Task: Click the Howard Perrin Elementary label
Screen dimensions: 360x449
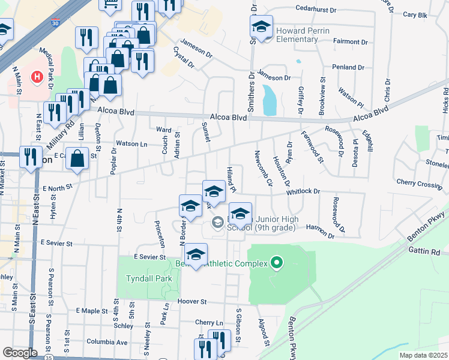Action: point(297,35)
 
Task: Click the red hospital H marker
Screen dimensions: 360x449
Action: point(37,77)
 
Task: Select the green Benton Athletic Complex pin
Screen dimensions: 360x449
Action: point(277,262)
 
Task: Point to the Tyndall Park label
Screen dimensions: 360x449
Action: point(149,278)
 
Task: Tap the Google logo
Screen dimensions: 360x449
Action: point(20,353)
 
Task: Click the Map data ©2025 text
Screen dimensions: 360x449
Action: point(423,355)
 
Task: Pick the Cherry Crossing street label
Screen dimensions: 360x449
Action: point(418,183)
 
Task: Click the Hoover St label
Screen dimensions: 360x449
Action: point(191,302)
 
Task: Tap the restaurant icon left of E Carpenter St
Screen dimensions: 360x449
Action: point(29,157)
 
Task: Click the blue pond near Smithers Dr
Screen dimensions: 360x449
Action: point(270,100)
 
